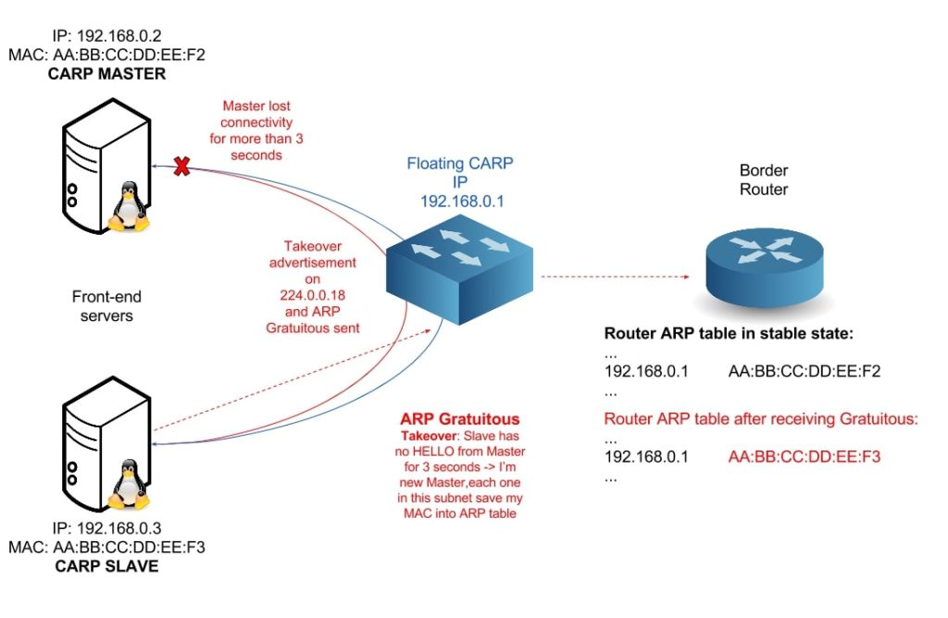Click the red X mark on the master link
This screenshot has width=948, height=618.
click(182, 167)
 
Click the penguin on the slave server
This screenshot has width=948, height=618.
click(129, 482)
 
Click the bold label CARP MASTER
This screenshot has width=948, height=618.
click(106, 73)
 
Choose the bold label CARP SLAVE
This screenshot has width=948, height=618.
click(106, 565)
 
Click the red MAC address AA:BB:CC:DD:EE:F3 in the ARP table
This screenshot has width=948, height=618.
click(804, 457)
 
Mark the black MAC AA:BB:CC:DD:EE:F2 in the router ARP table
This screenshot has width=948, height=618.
click(804, 372)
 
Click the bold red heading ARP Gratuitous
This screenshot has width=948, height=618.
click(459, 418)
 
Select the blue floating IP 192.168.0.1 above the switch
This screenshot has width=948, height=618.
click(460, 199)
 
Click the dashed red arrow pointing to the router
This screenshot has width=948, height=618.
click(616, 276)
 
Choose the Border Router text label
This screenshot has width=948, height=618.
click(764, 180)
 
